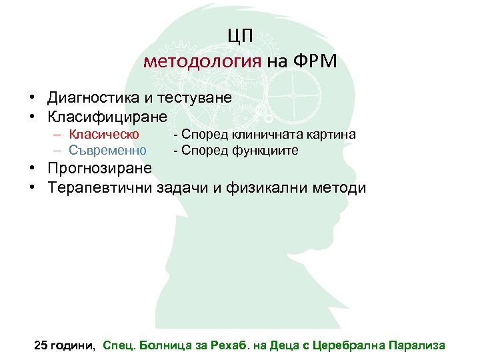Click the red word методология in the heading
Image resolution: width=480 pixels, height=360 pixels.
point(202,62)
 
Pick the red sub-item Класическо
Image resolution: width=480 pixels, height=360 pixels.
point(104,135)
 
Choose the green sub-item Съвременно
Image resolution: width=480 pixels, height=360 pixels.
point(108,150)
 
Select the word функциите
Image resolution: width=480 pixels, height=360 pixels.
point(266,150)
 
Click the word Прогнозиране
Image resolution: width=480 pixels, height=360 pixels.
point(99,167)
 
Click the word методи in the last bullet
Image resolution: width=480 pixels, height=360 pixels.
point(341,187)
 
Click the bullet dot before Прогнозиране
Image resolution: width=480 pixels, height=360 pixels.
point(32,168)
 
